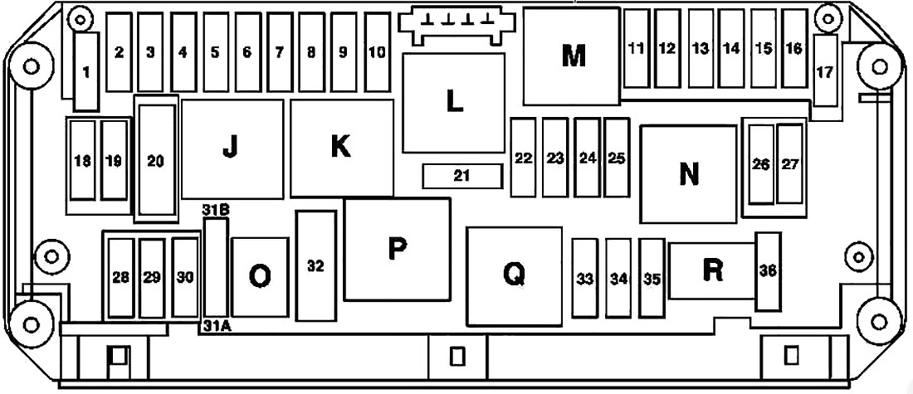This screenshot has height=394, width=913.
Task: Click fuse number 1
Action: click(87, 71)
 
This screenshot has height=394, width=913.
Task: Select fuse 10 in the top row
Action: click(378, 52)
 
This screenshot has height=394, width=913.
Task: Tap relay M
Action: click(571, 56)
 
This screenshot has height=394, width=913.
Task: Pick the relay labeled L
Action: click(453, 103)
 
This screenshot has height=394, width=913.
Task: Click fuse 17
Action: click(825, 71)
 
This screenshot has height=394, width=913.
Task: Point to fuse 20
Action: click(155, 159)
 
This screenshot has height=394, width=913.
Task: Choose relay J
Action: click(232, 149)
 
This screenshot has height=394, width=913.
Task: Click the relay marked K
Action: click(341, 148)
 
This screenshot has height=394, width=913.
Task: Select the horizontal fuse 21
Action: click(461, 176)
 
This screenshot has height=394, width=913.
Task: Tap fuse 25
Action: click(617, 158)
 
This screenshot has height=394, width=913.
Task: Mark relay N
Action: click(689, 174)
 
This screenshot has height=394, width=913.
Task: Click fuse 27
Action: click(789, 164)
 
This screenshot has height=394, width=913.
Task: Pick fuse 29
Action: click(152, 278)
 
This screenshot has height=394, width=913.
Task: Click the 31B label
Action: click(216, 210)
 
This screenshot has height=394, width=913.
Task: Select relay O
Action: click(260, 277)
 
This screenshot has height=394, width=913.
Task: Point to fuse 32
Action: click(316, 266)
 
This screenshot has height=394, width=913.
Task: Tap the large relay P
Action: click(397, 250)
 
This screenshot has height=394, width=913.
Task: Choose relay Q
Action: click(514, 276)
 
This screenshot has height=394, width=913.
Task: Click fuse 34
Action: click(618, 278)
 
